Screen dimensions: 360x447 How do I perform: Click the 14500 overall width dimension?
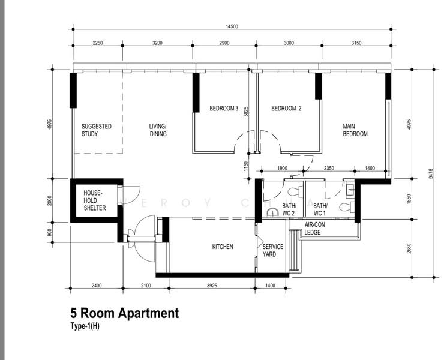232,26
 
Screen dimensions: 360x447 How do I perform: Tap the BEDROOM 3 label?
224,109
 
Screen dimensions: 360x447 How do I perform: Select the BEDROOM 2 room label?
286,109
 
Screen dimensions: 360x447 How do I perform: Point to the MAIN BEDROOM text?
355,130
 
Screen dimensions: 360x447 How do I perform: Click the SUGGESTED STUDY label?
97,130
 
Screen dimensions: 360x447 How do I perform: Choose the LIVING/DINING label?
158,130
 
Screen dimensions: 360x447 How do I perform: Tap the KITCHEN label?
223,247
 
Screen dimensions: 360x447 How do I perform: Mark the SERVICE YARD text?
273,250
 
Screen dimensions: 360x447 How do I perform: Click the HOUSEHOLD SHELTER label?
95,200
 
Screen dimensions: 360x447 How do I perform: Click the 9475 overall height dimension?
431,173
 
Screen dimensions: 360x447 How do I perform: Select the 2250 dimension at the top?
98,43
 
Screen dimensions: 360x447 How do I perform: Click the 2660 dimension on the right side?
409,249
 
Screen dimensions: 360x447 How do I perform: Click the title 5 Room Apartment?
124,313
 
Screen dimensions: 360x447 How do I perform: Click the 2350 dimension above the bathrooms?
329,169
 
